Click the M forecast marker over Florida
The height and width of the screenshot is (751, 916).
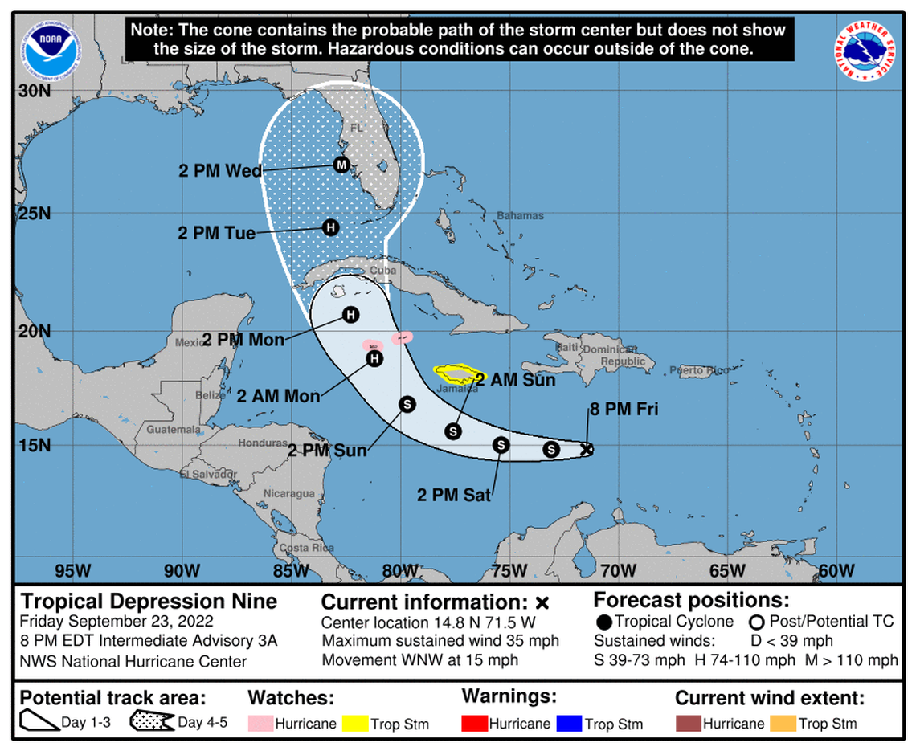point(341,165)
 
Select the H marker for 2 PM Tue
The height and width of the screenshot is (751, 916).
point(330,228)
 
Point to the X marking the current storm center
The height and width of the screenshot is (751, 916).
point(587,450)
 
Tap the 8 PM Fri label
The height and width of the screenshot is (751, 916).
point(624,410)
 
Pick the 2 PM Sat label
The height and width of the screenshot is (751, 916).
point(453,495)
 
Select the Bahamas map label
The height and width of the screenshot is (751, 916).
point(520,215)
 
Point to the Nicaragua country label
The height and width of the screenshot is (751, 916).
point(289,493)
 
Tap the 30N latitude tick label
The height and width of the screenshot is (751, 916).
point(35,91)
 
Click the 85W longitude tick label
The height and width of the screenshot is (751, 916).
point(290,571)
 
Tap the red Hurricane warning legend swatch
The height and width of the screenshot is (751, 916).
point(474,724)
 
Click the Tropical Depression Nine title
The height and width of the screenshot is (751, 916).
point(149,601)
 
